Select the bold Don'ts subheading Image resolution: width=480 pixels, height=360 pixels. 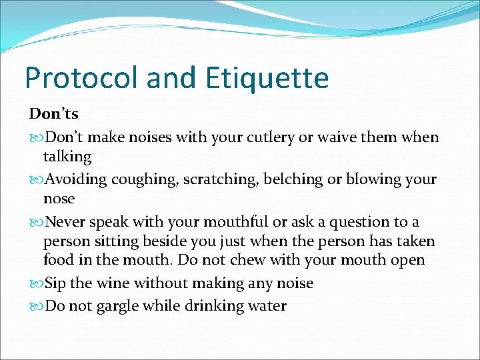point(53,115)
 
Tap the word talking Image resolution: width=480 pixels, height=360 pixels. point(67,157)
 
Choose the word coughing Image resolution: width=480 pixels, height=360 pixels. point(147,180)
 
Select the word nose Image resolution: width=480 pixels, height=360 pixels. point(59,199)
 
